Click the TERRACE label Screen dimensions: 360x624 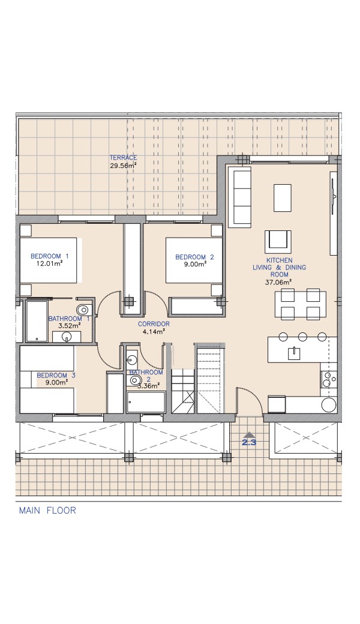click(x=124, y=158)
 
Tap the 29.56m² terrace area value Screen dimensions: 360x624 click(x=124, y=166)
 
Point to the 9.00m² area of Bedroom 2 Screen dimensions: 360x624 click(x=194, y=264)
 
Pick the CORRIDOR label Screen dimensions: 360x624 click(x=154, y=324)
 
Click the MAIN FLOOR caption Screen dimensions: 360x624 click(x=47, y=510)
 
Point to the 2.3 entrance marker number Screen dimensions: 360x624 click(x=248, y=442)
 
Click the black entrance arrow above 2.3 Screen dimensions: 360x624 click(x=248, y=434)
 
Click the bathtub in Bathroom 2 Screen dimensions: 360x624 click(x=146, y=402)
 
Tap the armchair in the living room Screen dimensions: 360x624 click(x=278, y=241)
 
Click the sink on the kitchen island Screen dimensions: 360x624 click(x=295, y=353)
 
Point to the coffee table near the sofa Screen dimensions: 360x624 click(x=283, y=198)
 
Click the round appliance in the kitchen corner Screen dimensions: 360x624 click(x=329, y=405)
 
